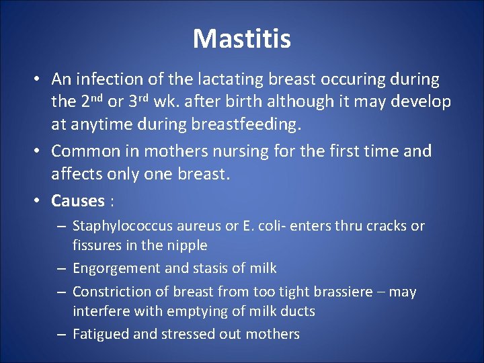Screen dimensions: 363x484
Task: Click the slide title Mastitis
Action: click(x=242, y=38)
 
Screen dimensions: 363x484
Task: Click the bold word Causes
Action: click(x=78, y=200)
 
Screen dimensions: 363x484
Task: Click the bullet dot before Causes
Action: click(x=40, y=201)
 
